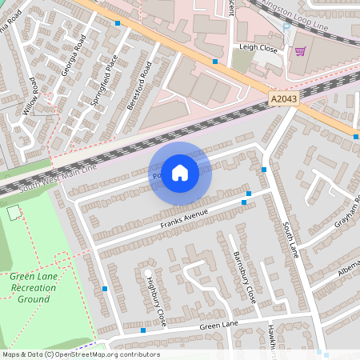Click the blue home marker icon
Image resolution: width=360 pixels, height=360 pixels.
click(x=180, y=172)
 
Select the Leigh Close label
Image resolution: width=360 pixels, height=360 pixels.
click(x=257, y=47)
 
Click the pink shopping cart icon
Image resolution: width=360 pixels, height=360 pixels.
click(x=300, y=51)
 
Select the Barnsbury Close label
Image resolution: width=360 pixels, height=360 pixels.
click(x=245, y=277)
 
